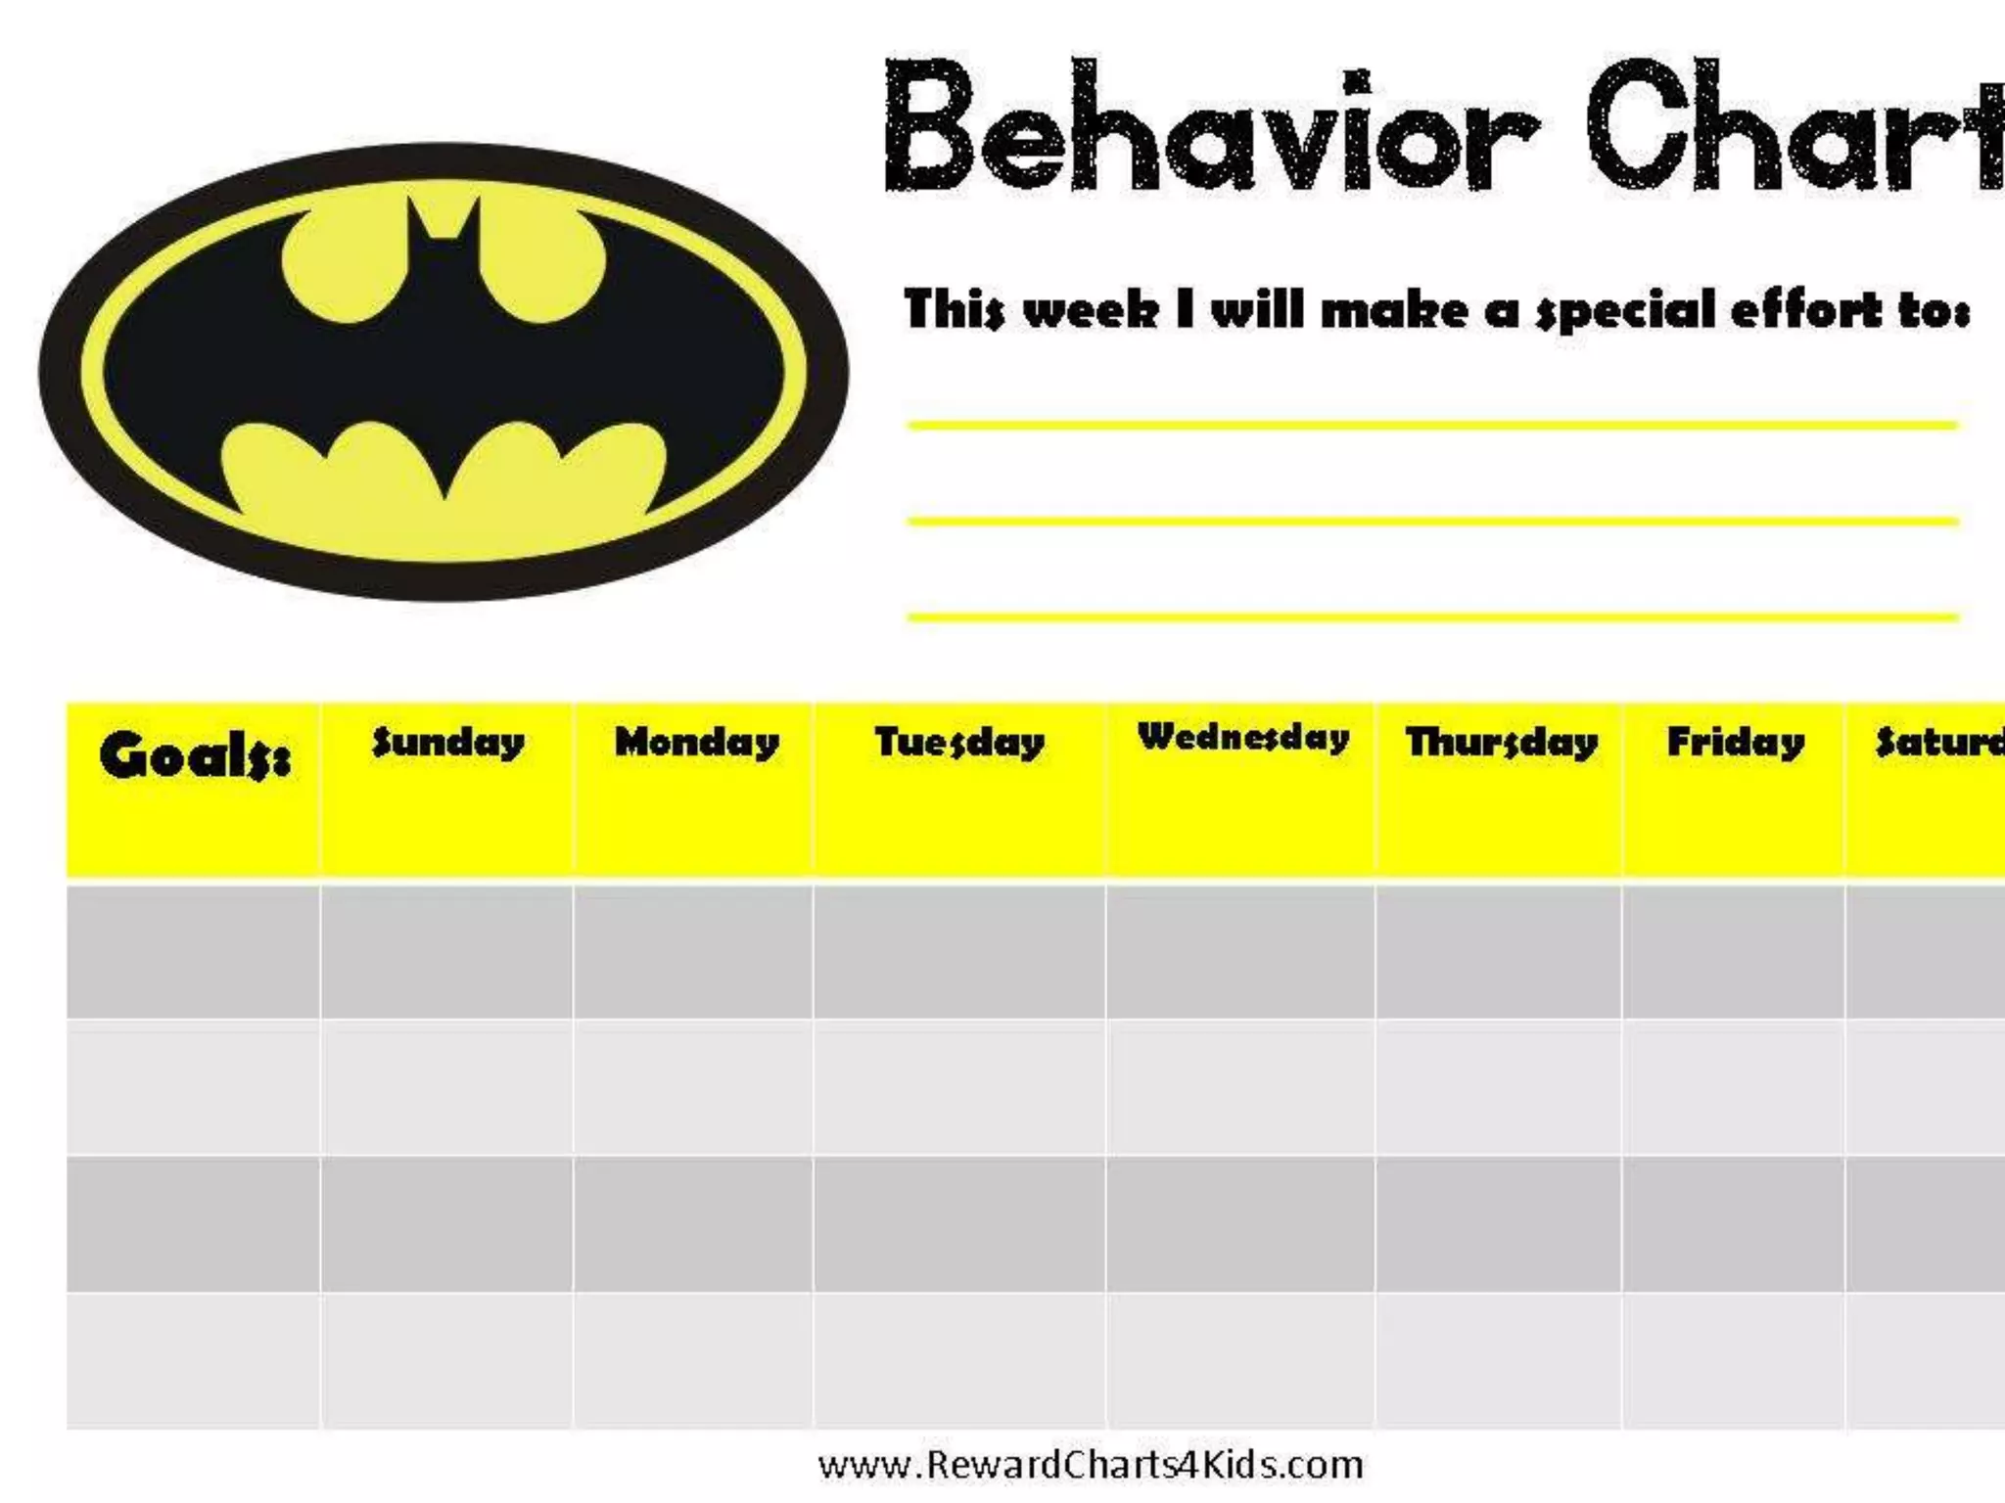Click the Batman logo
(x=443, y=372)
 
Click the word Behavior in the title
(x=1210, y=127)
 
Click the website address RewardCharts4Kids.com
(x=1091, y=1465)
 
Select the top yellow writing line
(x=1431, y=426)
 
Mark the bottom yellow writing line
(x=1431, y=617)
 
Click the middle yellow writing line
(x=1431, y=522)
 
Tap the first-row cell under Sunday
(x=446, y=951)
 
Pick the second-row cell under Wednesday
(x=1240, y=1087)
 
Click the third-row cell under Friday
(x=1733, y=1223)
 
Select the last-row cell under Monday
(x=693, y=1360)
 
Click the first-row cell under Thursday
(x=1498, y=951)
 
